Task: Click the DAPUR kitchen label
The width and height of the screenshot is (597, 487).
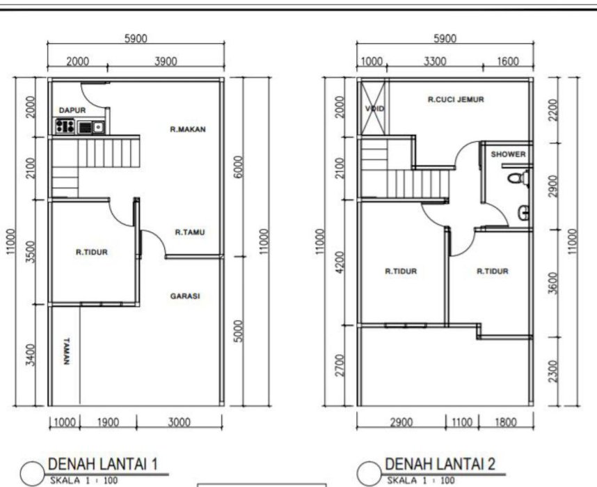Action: (72, 111)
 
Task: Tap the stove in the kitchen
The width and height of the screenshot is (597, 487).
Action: (65, 127)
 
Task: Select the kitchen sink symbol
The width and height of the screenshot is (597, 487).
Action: (91, 127)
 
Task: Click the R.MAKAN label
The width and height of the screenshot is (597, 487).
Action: (188, 129)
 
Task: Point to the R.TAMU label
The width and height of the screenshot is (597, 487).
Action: (190, 232)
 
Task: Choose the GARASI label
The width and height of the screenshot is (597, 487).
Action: (185, 296)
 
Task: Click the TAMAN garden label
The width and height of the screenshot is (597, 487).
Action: (67, 351)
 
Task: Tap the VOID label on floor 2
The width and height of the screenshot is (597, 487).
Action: (374, 109)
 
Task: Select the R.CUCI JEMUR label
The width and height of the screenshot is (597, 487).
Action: (456, 99)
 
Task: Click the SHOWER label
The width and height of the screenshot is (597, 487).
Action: (508, 154)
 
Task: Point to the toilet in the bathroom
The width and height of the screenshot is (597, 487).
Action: (518, 178)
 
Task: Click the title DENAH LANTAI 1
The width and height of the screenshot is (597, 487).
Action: (103, 464)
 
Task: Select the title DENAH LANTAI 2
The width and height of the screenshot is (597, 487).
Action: (440, 464)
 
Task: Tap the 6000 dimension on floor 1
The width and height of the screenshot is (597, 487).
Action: (238, 167)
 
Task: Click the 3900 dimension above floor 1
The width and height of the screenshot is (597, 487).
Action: (166, 61)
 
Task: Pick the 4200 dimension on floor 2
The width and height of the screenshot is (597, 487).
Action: (340, 262)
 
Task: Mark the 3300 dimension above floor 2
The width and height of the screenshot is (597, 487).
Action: (435, 61)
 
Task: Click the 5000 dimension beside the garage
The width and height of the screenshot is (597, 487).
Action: (238, 331)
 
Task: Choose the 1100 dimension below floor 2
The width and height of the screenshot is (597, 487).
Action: (462, 422)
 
